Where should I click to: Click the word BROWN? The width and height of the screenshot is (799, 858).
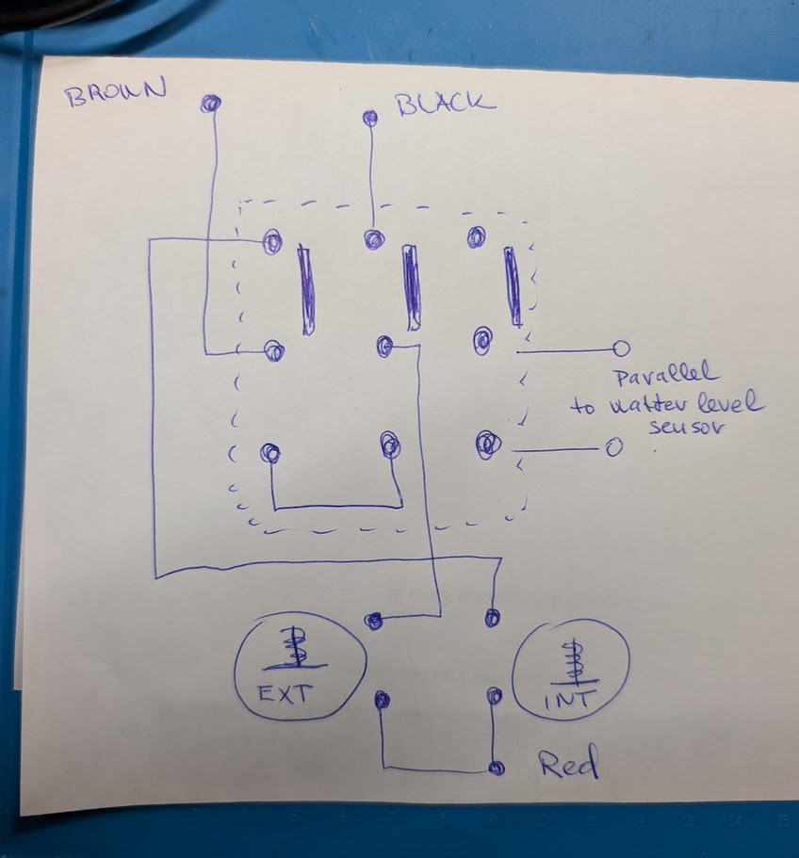pos(115,92)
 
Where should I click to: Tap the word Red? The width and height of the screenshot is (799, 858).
pos(568,765)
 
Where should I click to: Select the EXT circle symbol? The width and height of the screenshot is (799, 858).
pos(298,670)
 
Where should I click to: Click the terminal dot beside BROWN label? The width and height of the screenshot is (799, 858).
pos(211,103)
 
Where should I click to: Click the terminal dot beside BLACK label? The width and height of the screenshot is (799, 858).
pos(370,118)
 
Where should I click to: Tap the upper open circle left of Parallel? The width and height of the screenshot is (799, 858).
pos(621,348)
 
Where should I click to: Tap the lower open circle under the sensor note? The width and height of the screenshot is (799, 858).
pos(612,448)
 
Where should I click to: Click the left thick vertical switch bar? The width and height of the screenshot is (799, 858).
pos(307,289)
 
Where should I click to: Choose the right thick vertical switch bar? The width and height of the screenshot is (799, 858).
pos(513,286)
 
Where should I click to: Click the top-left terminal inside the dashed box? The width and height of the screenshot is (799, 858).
pos(272,242)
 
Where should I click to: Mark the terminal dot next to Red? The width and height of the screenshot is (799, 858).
pos(496,767)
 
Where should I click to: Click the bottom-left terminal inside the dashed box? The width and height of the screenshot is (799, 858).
pos(271,453)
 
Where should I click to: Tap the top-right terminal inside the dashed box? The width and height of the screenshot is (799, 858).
pos(476,235)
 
